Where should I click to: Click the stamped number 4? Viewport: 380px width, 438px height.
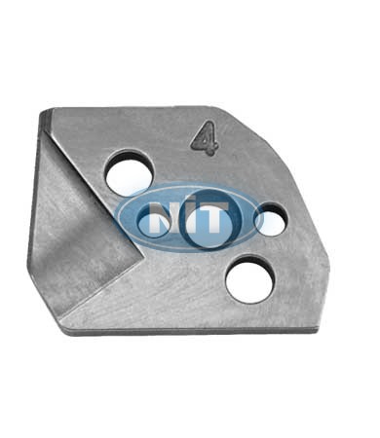click(x=205, y=138)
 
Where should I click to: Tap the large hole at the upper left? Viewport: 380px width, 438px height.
click(x=131, y=172)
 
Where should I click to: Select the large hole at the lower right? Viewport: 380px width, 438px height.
click(x=250, y=279)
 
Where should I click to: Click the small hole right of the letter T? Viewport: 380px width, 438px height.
click(x=272, y=220)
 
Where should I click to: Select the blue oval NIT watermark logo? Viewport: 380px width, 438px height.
click(x=191, y=217)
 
